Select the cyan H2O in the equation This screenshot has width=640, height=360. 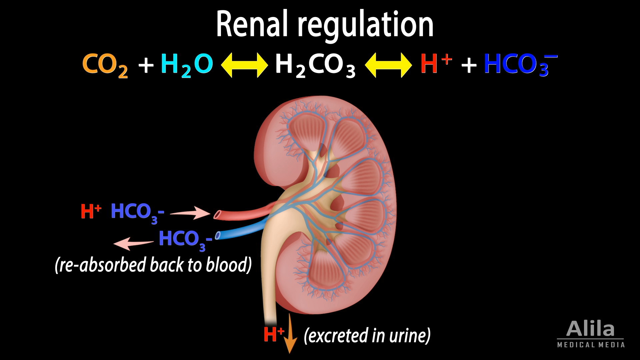point(187,65)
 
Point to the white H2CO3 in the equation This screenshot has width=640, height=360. point(315,65)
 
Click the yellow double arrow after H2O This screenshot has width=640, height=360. point(244,65)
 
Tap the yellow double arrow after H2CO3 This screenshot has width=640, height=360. point(388,65)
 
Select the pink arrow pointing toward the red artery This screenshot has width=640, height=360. point(190,213)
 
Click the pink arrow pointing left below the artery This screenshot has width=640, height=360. point(133,244)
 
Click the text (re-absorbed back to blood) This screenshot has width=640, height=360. point(153,265)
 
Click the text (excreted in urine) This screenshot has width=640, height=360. point(367,335)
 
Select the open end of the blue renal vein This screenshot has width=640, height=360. point(218,236)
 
